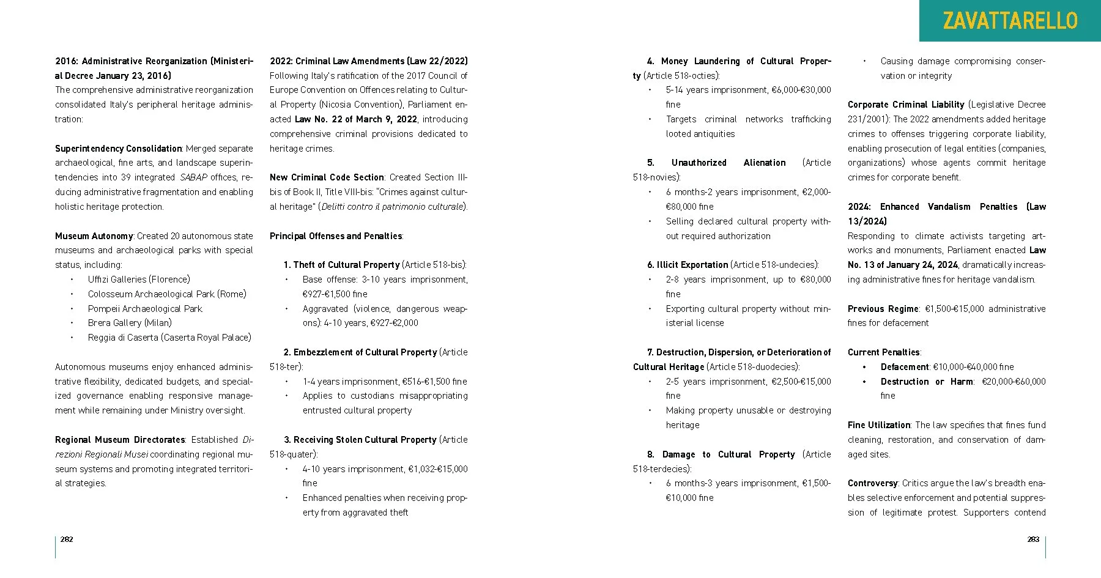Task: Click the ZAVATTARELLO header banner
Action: coord(1010,21)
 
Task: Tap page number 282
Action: coord(67,539)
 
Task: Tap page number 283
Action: coord(1033,539)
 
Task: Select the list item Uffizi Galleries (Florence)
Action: coord(139,280)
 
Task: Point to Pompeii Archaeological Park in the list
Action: coord(145,309)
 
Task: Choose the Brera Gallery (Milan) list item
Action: coord(130,323)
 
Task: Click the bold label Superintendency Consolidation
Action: coord(118,149)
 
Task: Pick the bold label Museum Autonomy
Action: coord(94,236)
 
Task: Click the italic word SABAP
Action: coord(193,177)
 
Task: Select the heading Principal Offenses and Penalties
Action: coord(336,236)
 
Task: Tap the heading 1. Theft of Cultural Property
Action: coord(341,265)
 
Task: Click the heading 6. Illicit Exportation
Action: coord(688,265)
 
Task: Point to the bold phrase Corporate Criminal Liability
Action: coord(905,105)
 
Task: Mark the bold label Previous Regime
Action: coord(883,309)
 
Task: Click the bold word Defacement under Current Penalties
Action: coord(905,367)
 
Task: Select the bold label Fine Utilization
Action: coord(879,425)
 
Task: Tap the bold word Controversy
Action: coord(872,483)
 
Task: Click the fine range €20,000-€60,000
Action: coord(1014,382)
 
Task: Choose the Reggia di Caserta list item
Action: coord(169,338)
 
